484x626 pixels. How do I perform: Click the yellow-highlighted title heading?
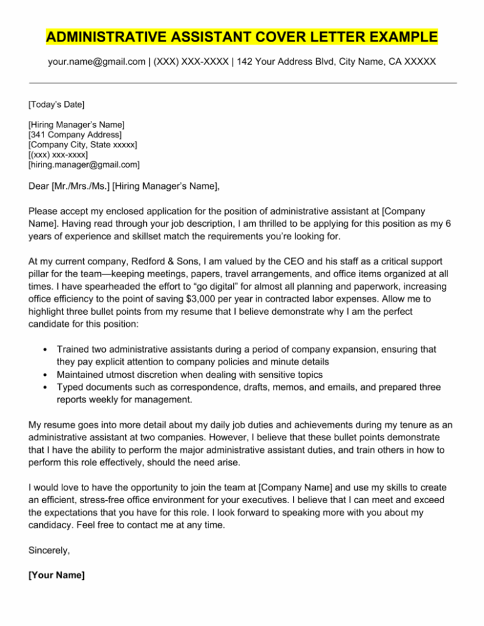242,38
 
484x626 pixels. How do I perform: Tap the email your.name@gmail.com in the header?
95,64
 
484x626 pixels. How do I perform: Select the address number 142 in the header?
241,64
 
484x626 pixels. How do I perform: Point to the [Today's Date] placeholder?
57,103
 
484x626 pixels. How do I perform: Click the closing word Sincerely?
49,550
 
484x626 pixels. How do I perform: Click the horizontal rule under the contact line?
242,83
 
